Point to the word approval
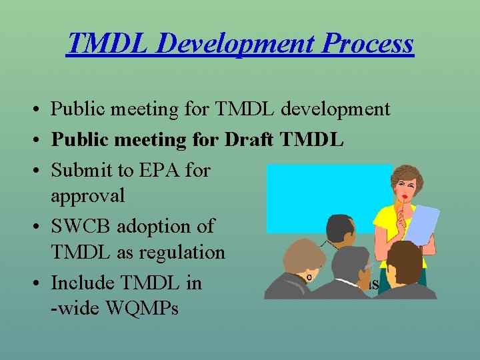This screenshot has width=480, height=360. [x=87, y=196]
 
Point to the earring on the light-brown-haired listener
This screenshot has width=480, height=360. [x=309, y=276]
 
